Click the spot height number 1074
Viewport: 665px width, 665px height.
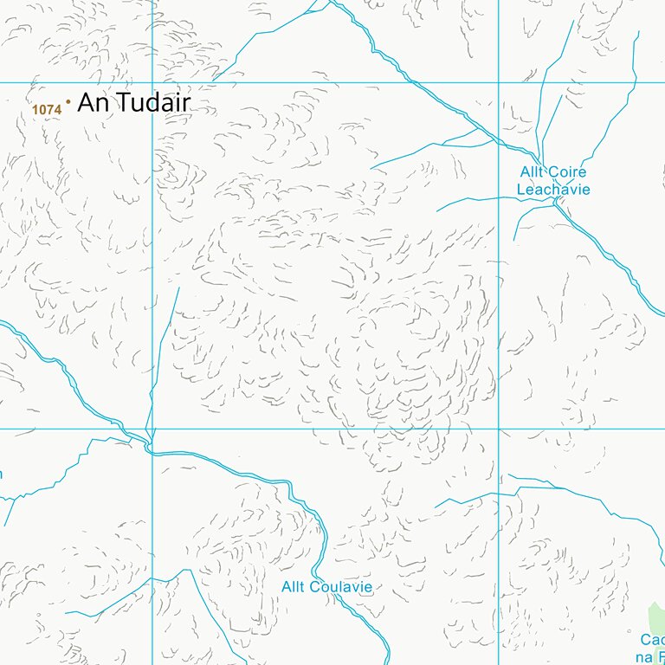click(46, 109)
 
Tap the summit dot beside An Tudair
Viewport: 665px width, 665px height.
click(68, 102)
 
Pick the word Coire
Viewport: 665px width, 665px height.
click(568, 172)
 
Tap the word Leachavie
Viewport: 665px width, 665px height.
click(553, 189)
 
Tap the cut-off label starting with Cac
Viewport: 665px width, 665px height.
click(652, 640)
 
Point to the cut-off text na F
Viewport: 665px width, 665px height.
click(652, 656)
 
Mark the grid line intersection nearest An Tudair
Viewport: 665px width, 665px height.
click(152, 82)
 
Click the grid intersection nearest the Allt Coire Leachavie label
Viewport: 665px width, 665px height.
click(499, 82)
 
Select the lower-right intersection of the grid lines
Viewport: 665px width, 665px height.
click(499, 429)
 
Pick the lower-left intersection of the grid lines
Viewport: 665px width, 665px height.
click(152, 429)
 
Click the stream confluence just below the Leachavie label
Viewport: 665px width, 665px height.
click(556, 206)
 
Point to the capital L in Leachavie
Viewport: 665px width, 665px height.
click(522, 189)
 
